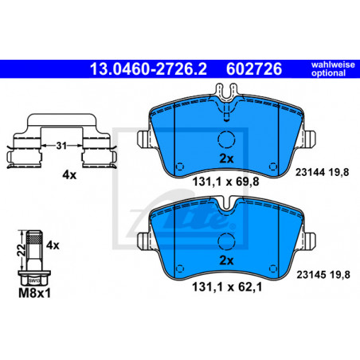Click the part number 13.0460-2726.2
(148, 69)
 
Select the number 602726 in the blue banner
(254, 69)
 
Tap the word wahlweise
(333, 65)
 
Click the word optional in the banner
(328, 73)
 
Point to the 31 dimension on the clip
(61, 146)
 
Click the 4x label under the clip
(69, 175)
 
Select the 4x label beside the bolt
(53, 245)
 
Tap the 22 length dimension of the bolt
(22, 250)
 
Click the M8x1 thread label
(34, 293)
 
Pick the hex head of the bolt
(34, 279)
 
